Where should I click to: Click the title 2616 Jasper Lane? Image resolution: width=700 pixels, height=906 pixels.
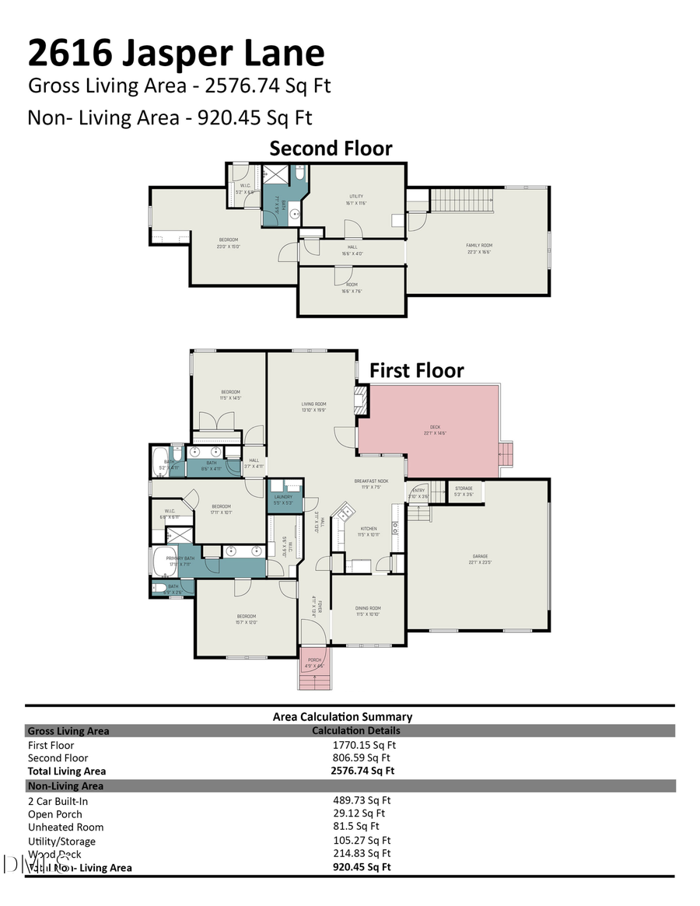pyautogui.click(x=176, y=53)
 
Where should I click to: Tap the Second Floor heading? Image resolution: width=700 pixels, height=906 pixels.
pyautogui.click(x=331, y=148)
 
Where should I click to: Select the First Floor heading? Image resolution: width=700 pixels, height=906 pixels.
pyautogui.click(x=416, y=370)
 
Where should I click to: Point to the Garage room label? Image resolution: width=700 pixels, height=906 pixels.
pyautogui.click(x=480, y=557)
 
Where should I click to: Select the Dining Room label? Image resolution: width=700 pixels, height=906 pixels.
pyautogui.click(x=369, y=610)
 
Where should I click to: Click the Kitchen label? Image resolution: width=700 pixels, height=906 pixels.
pyautogui.click(x=368, y=530)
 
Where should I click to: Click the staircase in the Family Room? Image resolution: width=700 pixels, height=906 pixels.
pyautogui.click(x=462, y=200)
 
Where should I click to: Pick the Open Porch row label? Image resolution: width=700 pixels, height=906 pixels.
pyautogui.click(x=54, y=813)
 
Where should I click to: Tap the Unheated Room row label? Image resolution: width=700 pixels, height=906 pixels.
pyautogui.click(x=65, y=827)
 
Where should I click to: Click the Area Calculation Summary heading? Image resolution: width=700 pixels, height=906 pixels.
pyautogui.click(x=342, y=716)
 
